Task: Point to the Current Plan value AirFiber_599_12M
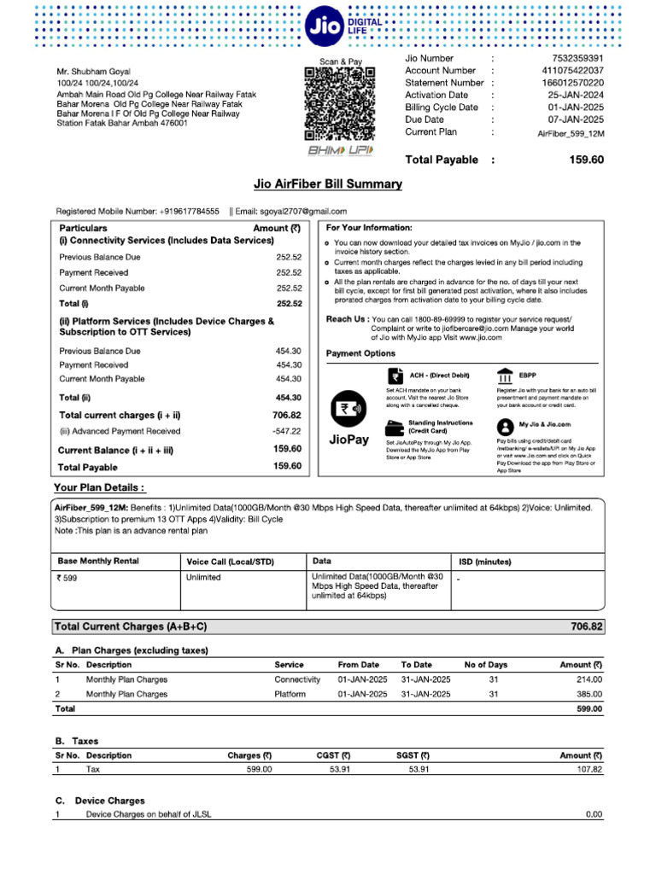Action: (571, 134)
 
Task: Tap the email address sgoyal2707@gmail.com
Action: (302, 211)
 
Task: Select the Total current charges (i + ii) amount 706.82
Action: (287, 415)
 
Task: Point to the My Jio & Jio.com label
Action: (545, 424)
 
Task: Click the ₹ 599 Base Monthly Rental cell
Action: (67, 577)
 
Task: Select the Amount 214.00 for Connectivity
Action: (589, 679)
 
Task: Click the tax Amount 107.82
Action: (586, 769)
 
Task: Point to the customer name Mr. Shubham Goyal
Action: (93, 71)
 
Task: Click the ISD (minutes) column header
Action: (484, 562)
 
